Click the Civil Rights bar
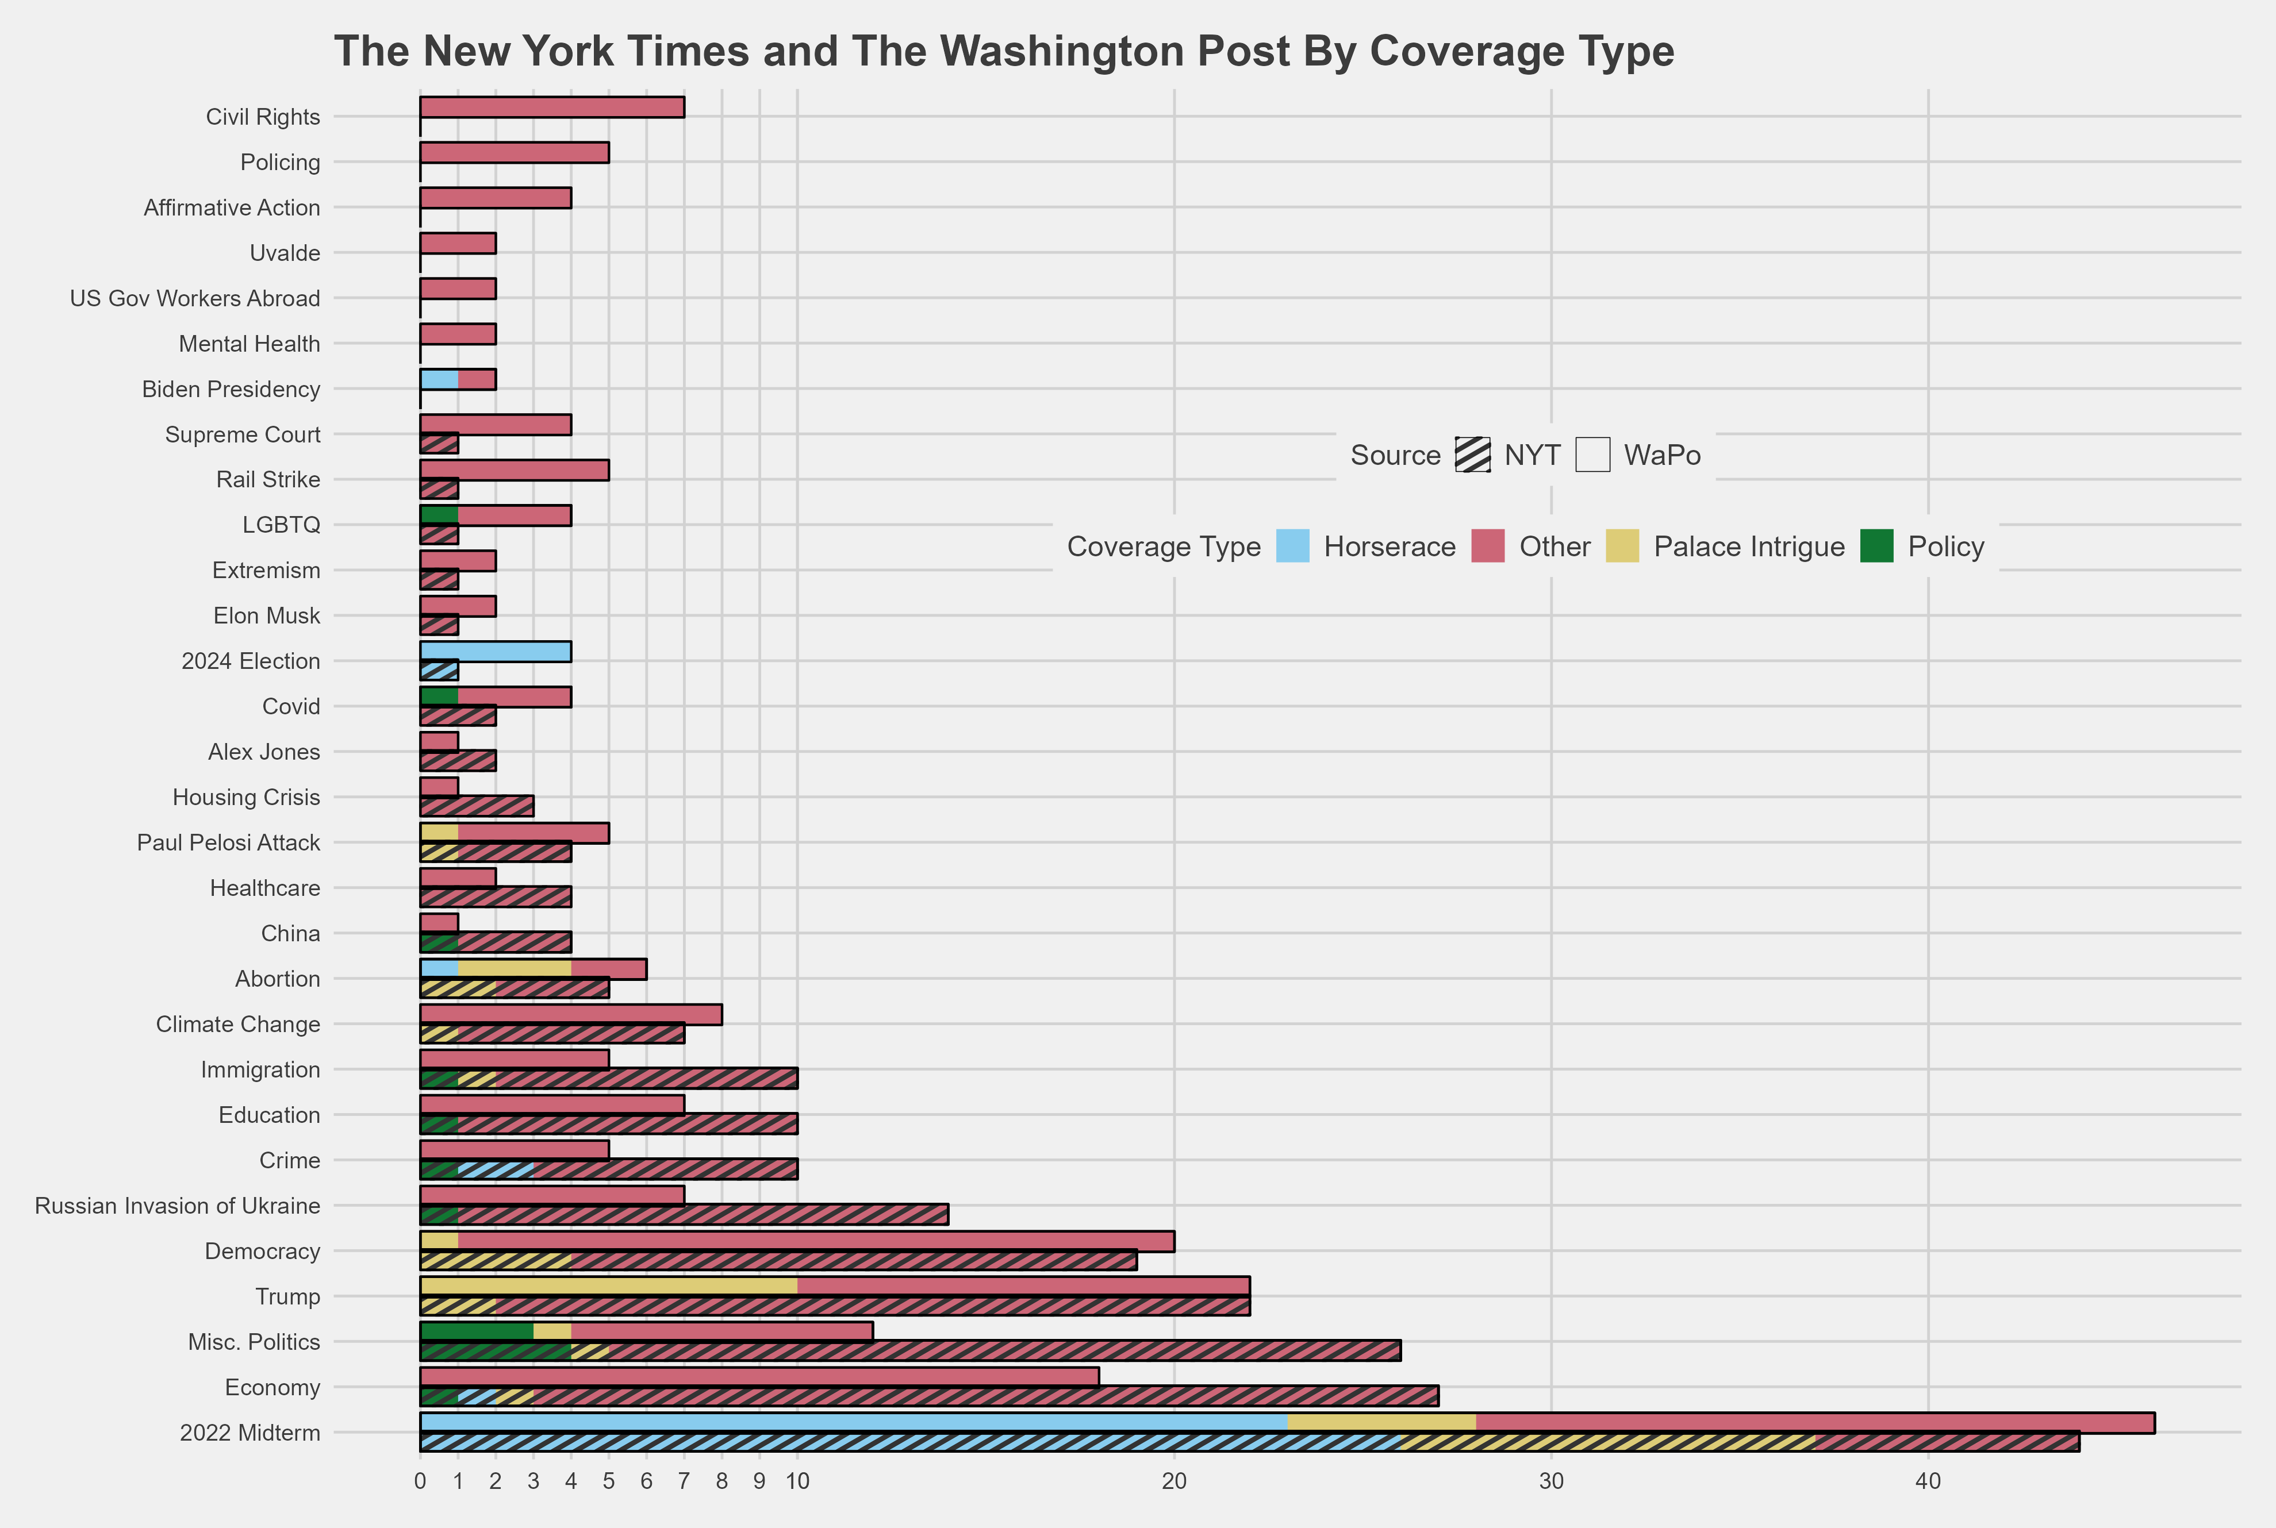(552, 107)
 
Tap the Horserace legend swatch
(1292, 546)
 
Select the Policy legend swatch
(1876, 546)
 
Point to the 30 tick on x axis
(1551, 1482)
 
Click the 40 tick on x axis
(1928, 1482)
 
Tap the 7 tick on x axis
(684, 1482)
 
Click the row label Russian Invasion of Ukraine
(178, 1206)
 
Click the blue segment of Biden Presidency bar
(439, 379)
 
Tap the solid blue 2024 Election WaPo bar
(495, 652)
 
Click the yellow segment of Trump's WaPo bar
(608, 1286)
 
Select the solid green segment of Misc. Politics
(477, 1331)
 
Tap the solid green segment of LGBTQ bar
(439, 514)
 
